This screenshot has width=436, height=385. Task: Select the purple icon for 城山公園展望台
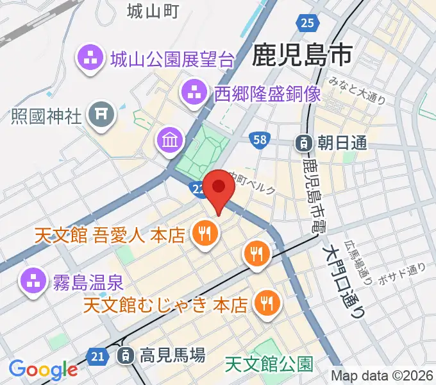[90, 60]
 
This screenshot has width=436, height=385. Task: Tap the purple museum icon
[170, 139]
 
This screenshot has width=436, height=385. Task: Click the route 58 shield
[260, 139]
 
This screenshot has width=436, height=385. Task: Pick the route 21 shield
[97, 355]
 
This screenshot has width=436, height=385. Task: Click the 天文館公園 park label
[269, 365]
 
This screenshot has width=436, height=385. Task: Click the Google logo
[43, 370]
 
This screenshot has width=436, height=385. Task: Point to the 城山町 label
[152, 11]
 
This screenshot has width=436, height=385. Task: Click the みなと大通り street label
[356, 90]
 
